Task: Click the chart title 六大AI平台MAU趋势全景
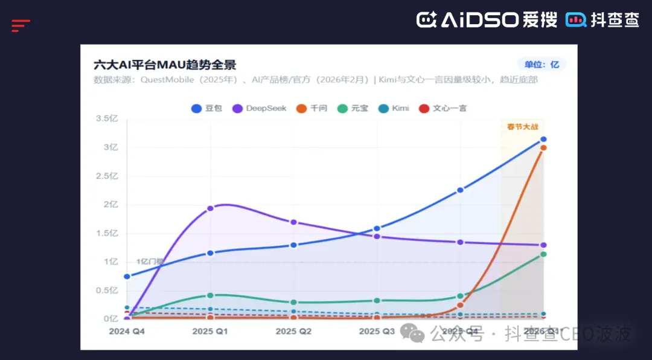tap(164, 65)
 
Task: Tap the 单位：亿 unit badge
tap(542, 65)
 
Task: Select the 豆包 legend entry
tap(207, 108)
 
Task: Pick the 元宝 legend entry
tap(353, 108)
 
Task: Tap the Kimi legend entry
tap(394, 108)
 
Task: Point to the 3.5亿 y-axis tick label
tap(107, 118)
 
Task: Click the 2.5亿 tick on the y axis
tap(107, 176)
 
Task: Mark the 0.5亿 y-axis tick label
tap(107, 291)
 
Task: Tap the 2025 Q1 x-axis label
tap(210, 332)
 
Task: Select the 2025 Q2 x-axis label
tap(293, 332)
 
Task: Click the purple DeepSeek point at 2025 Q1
tap(210, 208)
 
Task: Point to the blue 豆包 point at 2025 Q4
tap(460, 190)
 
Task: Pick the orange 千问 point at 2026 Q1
tap(543, 147)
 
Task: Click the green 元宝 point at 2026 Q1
tap(543, 254)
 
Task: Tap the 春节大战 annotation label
tap(522, 126)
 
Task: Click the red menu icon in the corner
tap(21, 25)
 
